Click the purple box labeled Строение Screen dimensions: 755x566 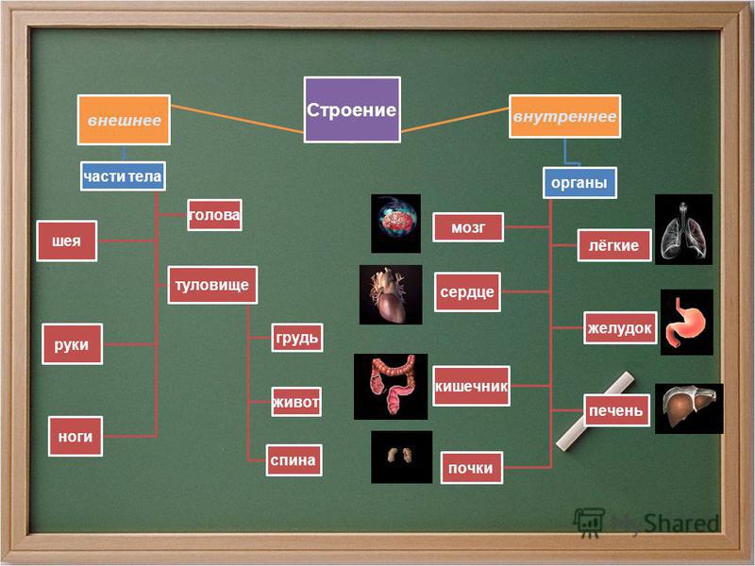[x=352, y=109]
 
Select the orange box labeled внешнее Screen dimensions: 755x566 [x=124, y=120]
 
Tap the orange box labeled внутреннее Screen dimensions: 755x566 [x=564, y=116]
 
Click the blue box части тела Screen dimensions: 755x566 [x=123, y=176]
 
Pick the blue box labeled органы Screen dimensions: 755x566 [x=579, y=182]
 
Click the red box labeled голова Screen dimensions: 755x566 [x=214, y=215]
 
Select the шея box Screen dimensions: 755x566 [x=66, y=241]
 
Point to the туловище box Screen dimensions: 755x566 [x=212, y=285]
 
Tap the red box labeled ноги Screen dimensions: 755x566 [x=75, y=436]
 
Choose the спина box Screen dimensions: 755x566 [x=294, y=460]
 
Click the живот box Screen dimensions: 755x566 [x=296, y=402]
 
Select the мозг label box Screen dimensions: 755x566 [x=468, y=227]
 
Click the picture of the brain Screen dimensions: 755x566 [x=395, y=224]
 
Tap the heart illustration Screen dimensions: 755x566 [x=391, y=294]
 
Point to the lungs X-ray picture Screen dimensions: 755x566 [x=683, y=229]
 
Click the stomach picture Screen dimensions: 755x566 [x=687, y=322]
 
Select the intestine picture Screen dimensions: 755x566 [x=391, y=387]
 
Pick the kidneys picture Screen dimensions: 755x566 [x=401, y=457]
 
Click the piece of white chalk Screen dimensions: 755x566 [x=596, y=410]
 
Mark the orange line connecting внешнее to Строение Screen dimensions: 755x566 [x=237, y=119]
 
